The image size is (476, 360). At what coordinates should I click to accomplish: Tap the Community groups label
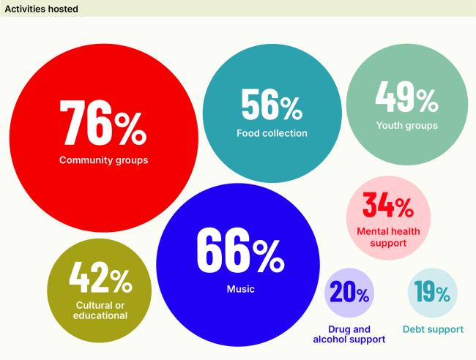click(x=103, y=160)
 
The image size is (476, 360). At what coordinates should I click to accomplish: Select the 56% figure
click(x=272, y=105)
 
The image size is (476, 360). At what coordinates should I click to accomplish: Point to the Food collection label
click(x=272, y=133)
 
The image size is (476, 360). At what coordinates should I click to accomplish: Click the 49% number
click(x=406, y=97)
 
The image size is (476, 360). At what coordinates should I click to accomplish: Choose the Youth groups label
click(x=406, y=125)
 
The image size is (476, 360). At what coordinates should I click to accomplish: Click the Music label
click(x=240, y=289)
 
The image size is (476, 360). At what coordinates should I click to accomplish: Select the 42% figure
click(x=100, y=277)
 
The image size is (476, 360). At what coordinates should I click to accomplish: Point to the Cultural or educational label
click(x=100, y=310)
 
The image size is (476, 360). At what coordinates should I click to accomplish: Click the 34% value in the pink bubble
click(x=388, y=207)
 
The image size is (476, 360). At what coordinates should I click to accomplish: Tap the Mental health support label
click(x=388, y=237)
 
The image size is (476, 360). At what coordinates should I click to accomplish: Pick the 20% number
click(x=349, y=293)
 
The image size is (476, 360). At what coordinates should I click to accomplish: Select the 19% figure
click(x=432, y=293)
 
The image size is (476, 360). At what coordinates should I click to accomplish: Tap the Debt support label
click(x=433, y=329)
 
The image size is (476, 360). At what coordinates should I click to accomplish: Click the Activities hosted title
click(x=42, y=9)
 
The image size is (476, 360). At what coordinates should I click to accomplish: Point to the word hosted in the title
click(x=62, y=9)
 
